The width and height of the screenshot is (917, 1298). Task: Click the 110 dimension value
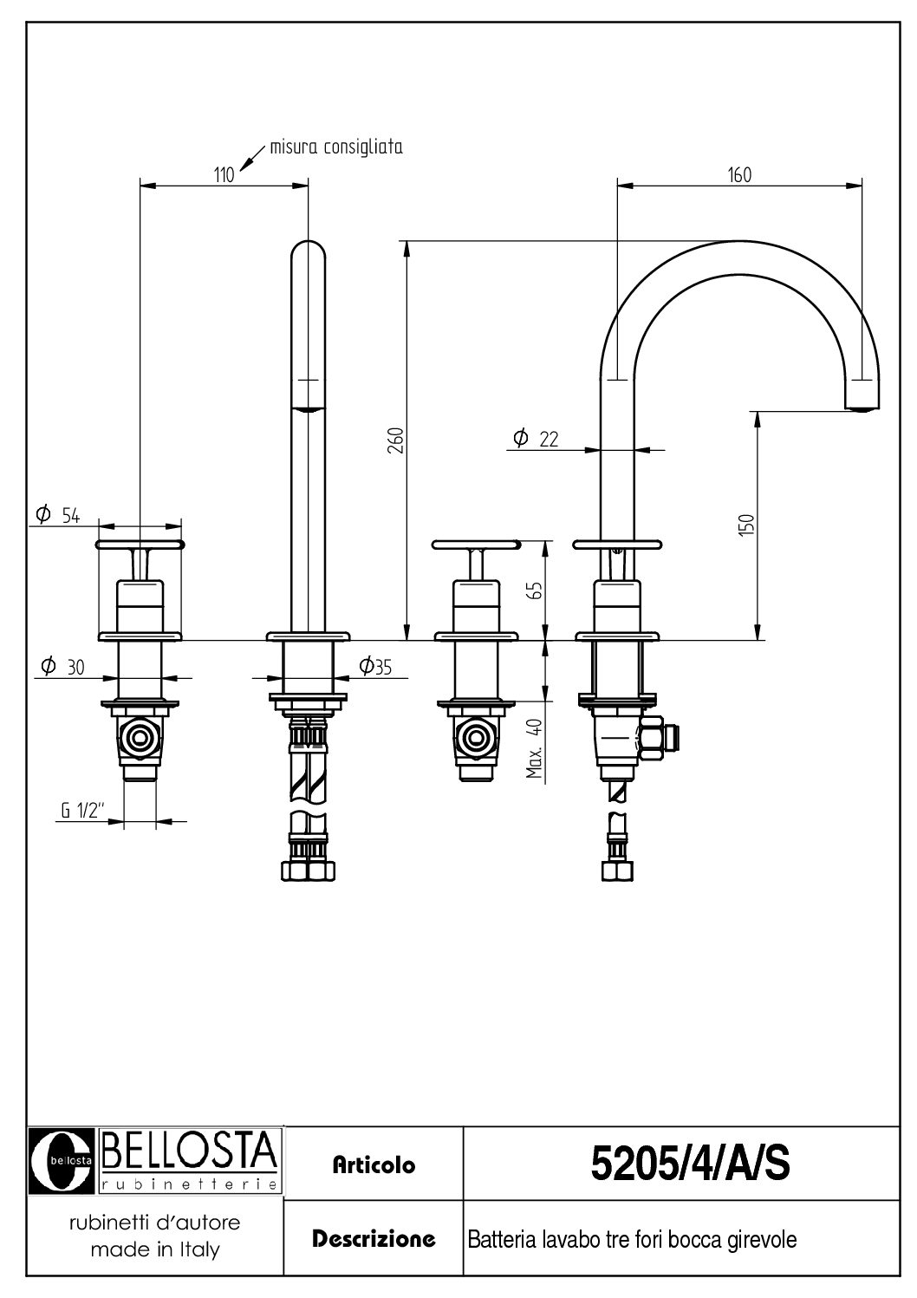pyautogui.click(x=224, y=175)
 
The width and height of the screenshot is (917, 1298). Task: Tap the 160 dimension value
pyautogui.click(x=739, y=175)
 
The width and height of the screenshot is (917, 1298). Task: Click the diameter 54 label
pyautogui.click(x=58, y=516)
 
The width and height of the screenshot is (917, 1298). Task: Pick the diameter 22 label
pyautogui.click(x=535, y=440)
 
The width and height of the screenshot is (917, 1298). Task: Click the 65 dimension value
pyautogui.click(x=537, y=590)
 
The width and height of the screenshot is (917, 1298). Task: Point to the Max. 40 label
pyautogui.click(x=537, y=748)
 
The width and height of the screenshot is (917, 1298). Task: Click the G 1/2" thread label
pyautogui.click(x=83, y=811)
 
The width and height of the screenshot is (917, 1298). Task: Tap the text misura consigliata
pyautogui.click(x=336, y=147)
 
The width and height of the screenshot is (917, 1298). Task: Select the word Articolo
pyautogui.click(x=374, y=1165)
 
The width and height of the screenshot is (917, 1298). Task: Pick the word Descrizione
pyautogui.click(x=374, y=1238)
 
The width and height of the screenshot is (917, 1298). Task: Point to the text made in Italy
pyautogui.click(x=154, y=1249)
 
